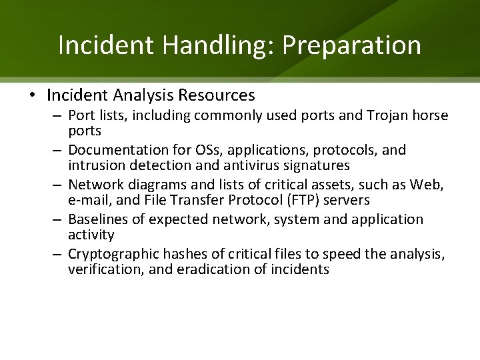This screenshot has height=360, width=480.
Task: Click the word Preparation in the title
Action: [x=352, y=45]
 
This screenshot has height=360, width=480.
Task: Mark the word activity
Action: [x=91, y=235]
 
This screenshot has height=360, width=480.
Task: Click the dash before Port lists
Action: [x=57, y=115]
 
